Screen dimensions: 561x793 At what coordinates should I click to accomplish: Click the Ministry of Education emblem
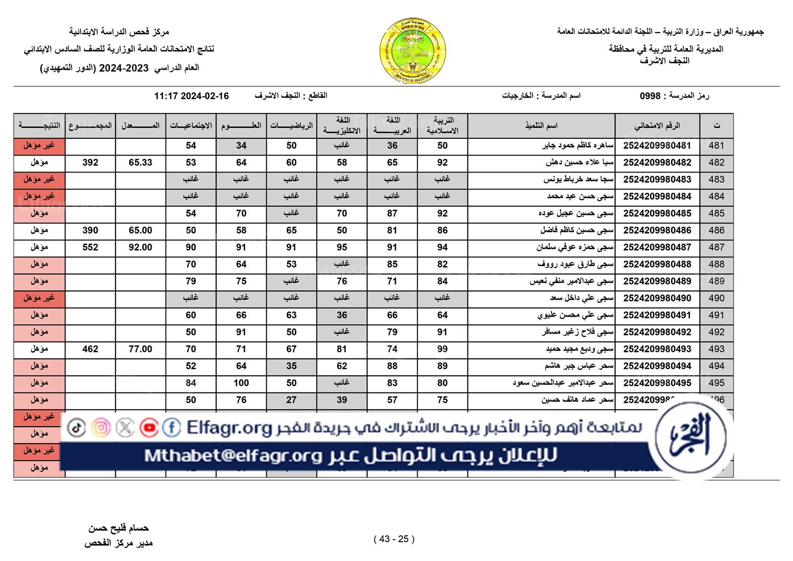point(412,51)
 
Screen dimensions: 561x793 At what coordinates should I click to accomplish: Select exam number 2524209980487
point(657,247)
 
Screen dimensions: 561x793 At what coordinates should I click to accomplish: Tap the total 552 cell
point(90,247)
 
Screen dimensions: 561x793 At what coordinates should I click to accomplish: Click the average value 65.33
point(140,163)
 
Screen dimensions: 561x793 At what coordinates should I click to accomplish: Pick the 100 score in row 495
point(241,383)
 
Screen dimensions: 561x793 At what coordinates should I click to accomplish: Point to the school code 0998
point(650,96)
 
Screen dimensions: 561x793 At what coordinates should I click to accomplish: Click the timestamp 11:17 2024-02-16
point(191,96)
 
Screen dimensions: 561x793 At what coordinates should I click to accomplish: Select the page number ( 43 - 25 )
point(394,539)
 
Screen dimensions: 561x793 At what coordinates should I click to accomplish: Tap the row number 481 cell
point(716,146)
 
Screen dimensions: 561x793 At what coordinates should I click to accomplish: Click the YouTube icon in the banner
point(149,428)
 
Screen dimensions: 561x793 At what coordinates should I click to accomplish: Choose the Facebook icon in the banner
point(171,428)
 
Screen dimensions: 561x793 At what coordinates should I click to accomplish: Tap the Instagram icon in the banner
point(101,428)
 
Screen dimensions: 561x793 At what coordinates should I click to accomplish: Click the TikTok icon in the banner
point(76,428)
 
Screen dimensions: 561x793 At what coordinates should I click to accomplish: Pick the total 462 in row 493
point(90,349)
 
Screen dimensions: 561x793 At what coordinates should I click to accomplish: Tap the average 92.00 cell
point(140,247)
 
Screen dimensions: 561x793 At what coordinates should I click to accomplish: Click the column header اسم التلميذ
point(541,126)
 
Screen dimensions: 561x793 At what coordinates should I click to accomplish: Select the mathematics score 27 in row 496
point(291,400)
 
